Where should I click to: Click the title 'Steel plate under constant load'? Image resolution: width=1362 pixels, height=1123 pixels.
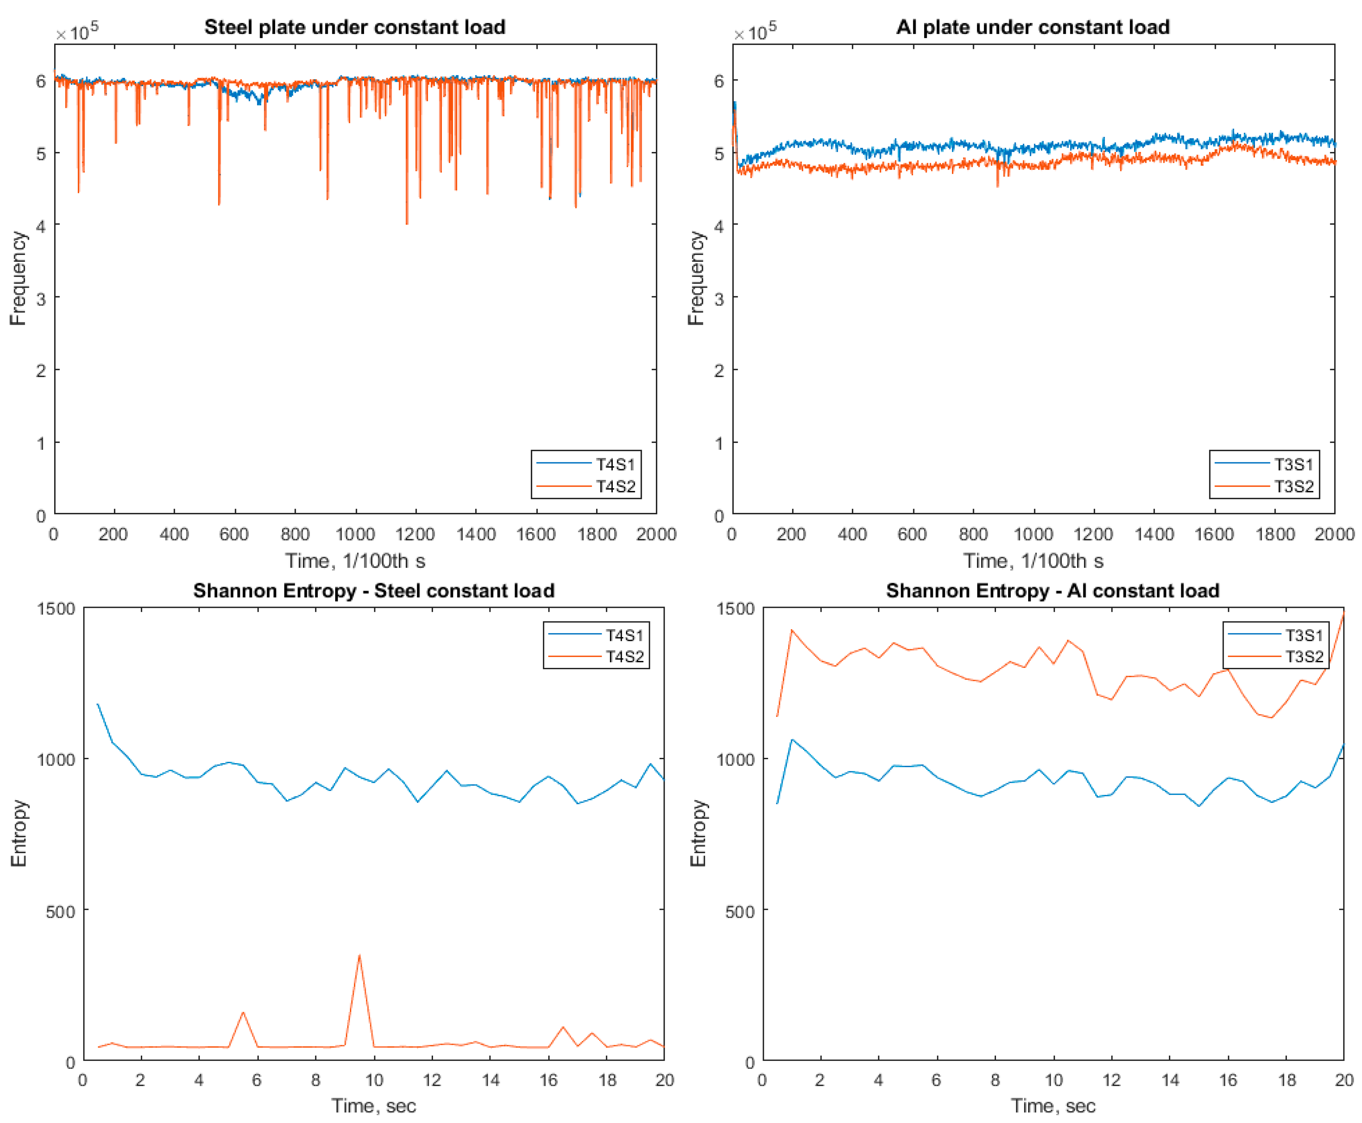tap(355, 27)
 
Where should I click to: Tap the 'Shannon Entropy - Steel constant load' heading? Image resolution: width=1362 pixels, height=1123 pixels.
tap(374, 591)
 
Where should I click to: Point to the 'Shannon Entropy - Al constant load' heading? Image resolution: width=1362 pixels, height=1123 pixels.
tap(1052, 591)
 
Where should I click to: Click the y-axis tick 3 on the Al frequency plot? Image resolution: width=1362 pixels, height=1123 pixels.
tap(719, 298)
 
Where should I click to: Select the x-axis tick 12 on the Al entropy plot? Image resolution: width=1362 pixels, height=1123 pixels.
tap(1111, 1080)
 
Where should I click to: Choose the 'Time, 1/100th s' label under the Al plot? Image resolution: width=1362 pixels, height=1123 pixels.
tap(1033, 561)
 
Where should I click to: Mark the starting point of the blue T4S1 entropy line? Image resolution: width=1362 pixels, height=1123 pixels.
tap(97, 704)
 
